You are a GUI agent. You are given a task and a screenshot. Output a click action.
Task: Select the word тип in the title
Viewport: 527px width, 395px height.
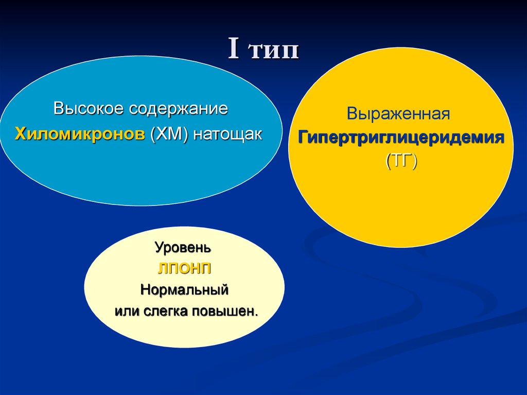click(x=273, y=51)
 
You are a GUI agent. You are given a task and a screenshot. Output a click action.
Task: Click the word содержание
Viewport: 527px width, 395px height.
click(x=178, y=109)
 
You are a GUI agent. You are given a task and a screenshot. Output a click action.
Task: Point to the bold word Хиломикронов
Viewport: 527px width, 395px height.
click(x=80, y=134)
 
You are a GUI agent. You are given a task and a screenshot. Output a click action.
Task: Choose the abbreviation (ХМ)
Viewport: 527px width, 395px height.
click(x=169, y=134)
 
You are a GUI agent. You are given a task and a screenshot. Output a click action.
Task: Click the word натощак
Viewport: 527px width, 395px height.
click(x=227, y=134)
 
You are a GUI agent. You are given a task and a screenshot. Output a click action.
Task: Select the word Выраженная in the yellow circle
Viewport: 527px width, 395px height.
click(x=398, y=114)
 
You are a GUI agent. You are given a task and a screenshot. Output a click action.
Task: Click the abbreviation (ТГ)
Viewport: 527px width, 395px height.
click(x=401, y=162)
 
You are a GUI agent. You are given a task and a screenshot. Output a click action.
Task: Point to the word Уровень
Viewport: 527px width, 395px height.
click(x=183, y=247)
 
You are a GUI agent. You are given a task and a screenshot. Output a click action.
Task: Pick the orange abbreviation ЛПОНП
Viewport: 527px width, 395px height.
click(x=184, y=268)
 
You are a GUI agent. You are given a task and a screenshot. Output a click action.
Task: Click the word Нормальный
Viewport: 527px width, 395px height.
click(x=184, y=290)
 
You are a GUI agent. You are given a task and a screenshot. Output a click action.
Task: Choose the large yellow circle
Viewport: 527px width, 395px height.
click(x=401, y=206)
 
